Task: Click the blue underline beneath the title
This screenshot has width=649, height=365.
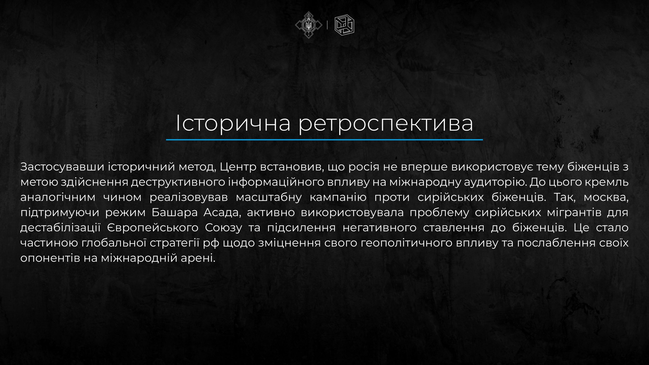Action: [324, 140]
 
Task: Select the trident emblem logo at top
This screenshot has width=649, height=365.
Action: [309, 25]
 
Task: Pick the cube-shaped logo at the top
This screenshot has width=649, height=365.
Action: [344, 25]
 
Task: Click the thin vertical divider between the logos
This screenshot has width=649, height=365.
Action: [328, 25]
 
